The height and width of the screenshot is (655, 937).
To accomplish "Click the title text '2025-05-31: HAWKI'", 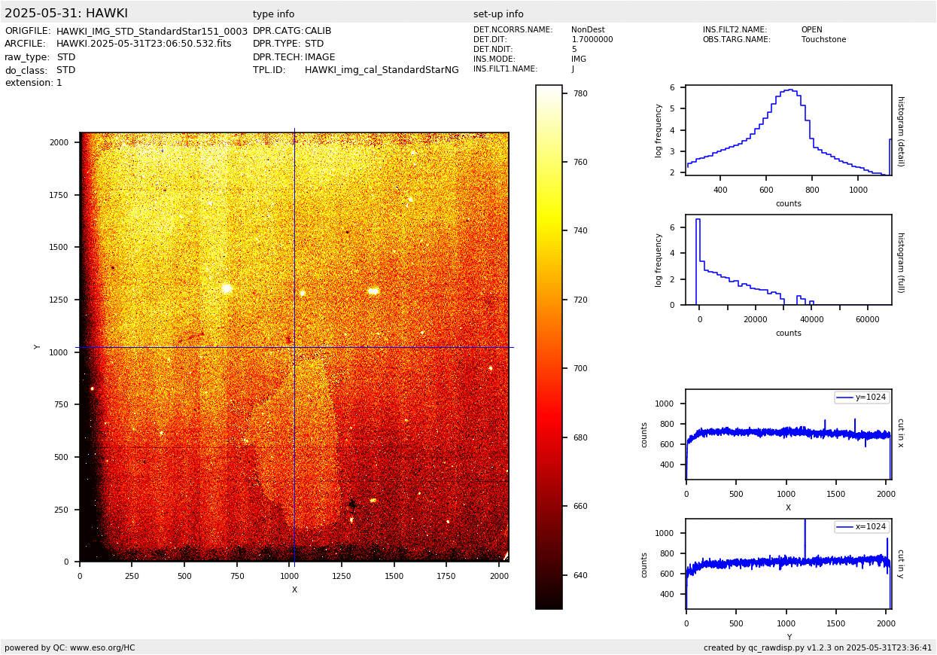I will pyautogui.click(x=66, y=14).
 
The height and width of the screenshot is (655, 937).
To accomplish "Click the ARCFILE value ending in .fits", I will pyautogui.click(x=144, y=44).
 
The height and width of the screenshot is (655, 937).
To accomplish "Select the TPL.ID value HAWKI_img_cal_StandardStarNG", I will pyautogui.click(x=382, y=70).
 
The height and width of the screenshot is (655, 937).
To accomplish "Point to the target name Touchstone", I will pyautogui.click(x=823, y=40).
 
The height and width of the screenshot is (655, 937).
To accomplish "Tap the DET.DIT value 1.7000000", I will pyautogui.click(x=592, y=40).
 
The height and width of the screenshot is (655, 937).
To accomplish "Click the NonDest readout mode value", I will pyautogui.click(x=588, y=30).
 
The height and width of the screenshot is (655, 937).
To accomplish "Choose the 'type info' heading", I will pyautogui.click(x=274, y=14).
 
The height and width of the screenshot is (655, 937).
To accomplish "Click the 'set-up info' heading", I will pyautogui.click(x=498, y=14).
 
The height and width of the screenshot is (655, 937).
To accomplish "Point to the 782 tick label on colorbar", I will pyautogui.click(x=580, y=93).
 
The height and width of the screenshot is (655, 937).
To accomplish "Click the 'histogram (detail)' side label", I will pyautogui.click(x=900, y=130).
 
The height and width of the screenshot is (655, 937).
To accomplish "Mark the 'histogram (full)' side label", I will pyautogui.click(x=900, y=262).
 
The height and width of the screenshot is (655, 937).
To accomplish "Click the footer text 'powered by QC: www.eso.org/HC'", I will pyautogui.click(x=70, y=648).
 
